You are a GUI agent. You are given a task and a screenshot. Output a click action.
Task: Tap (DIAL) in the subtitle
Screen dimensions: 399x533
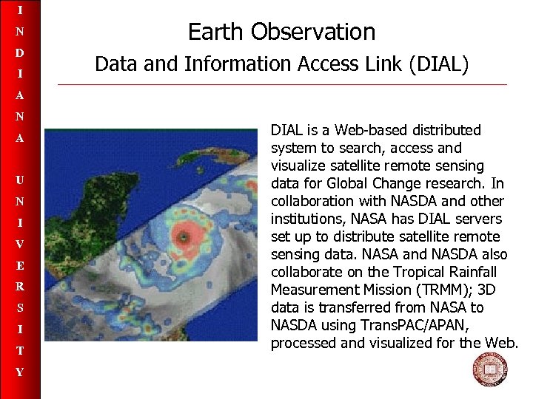click(x=437, y=65)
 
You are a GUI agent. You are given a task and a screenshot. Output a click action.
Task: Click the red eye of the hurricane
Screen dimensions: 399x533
click(x=181, y=236)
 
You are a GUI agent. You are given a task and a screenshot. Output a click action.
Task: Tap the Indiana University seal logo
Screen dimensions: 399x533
click(x=490, y=370)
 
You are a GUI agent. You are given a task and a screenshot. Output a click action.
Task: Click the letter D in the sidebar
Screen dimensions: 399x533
click(x=20, y=53)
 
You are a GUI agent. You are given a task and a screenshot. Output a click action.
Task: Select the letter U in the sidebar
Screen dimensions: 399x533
click(x=20, y=180)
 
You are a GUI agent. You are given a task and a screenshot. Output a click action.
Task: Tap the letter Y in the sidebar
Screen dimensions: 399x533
click(x=20, y=372)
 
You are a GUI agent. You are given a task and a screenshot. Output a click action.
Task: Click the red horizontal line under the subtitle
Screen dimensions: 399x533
click(x=281, y=84)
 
